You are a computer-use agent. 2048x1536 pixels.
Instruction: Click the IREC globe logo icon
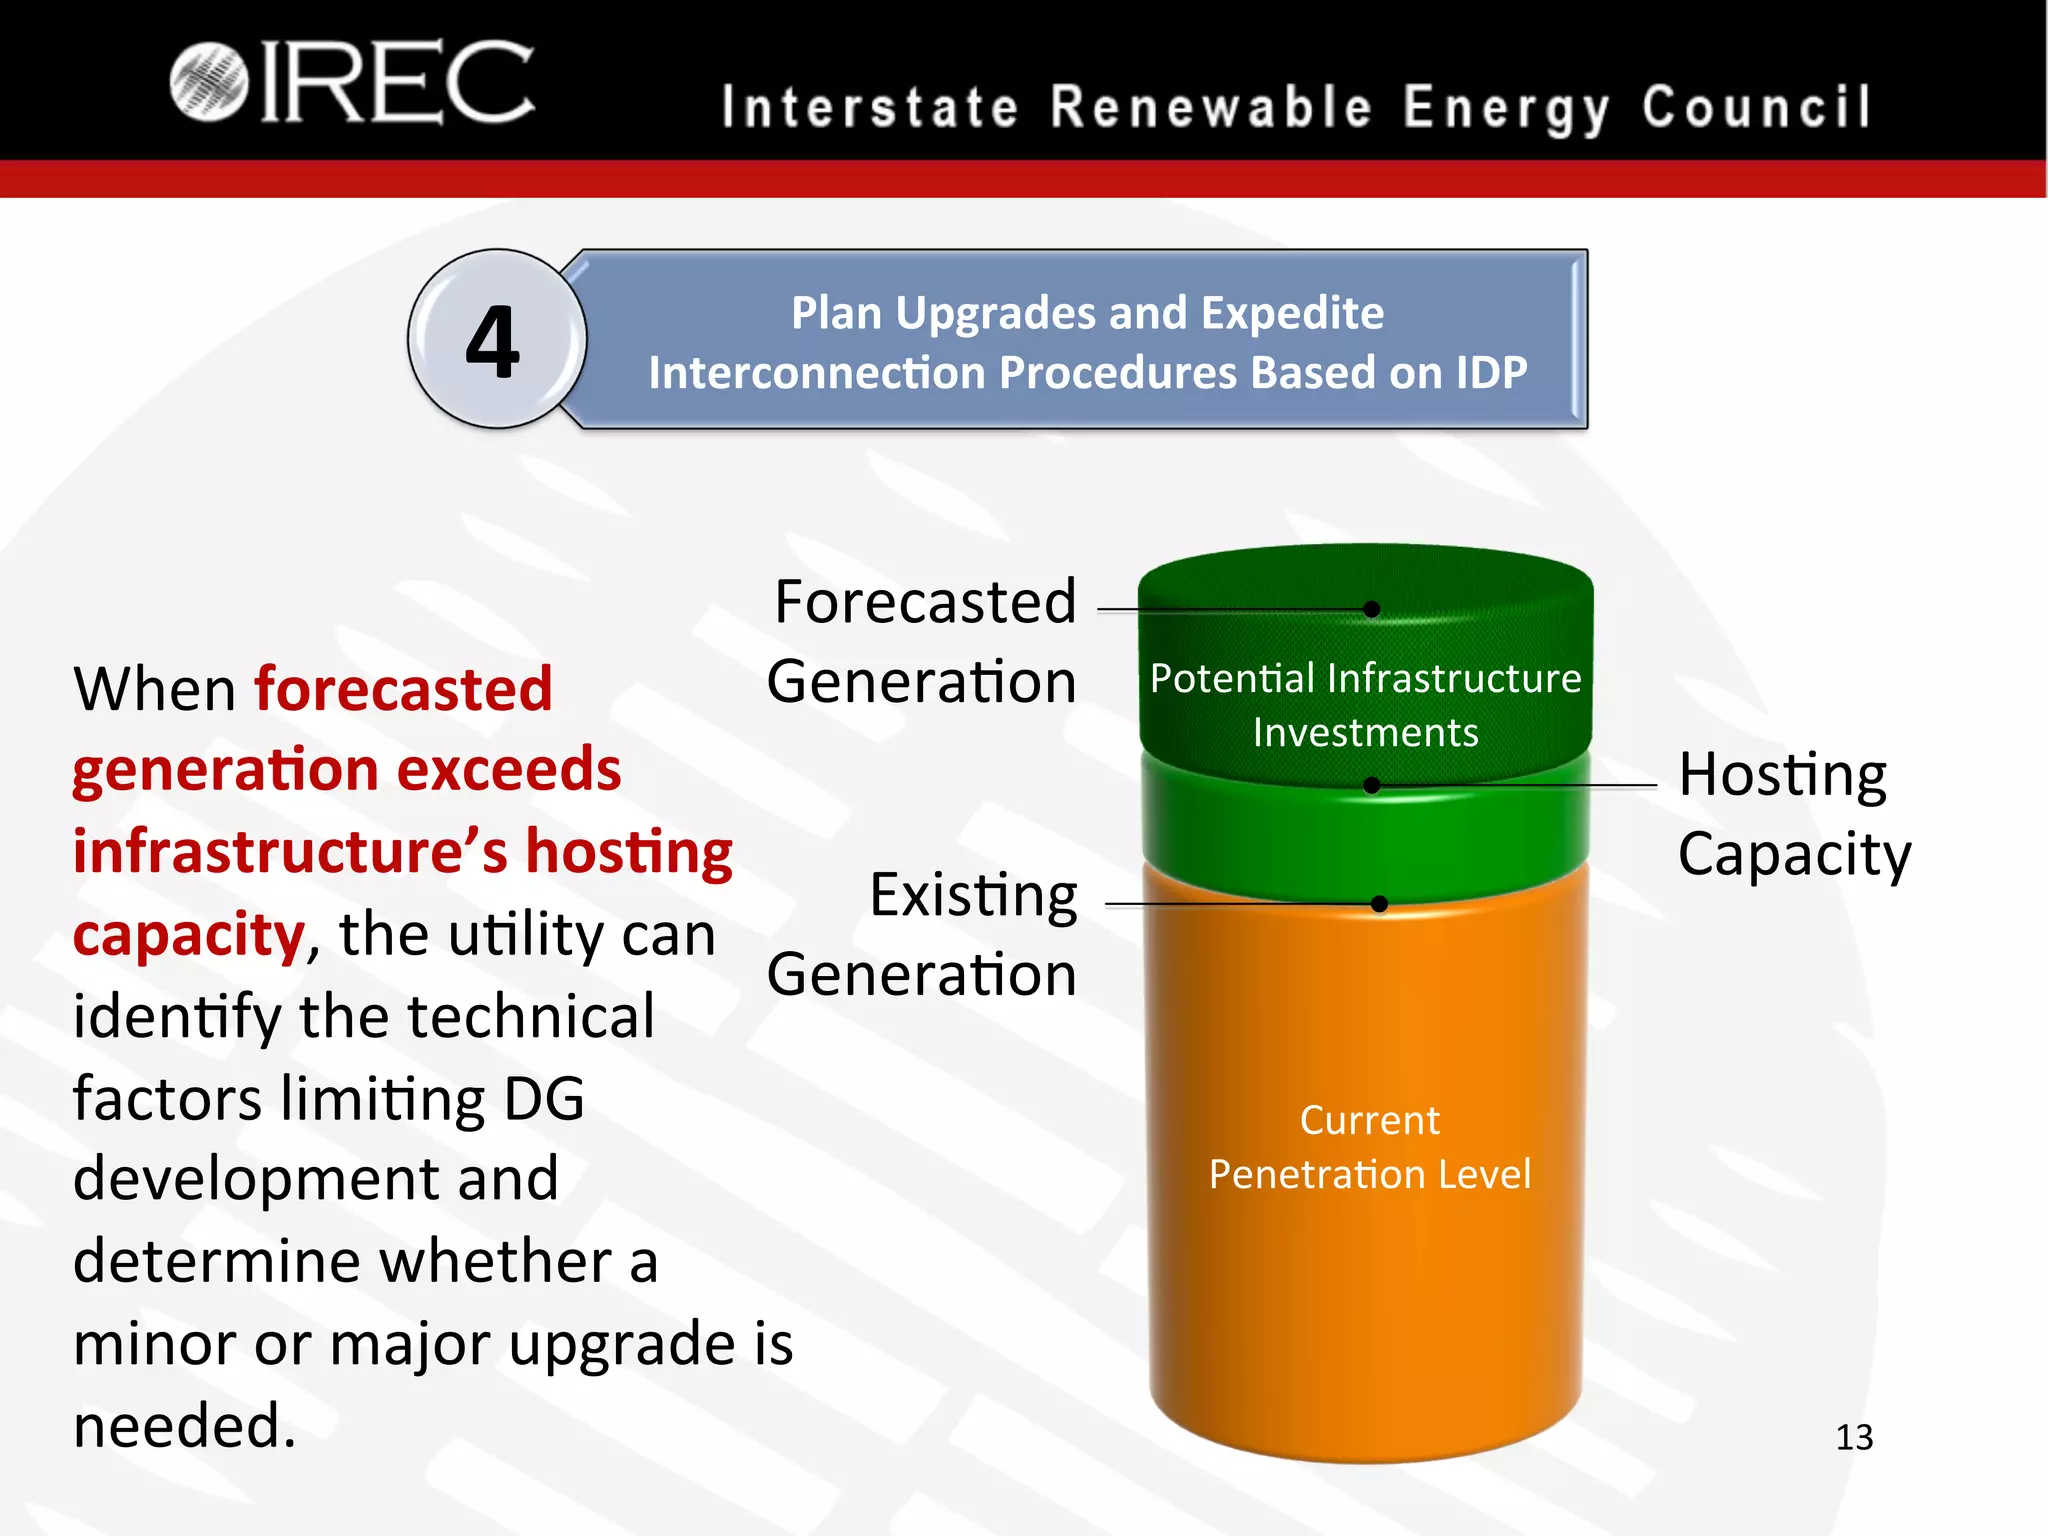click(208, 82)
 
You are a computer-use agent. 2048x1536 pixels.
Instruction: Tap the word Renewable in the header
click(1212, 108)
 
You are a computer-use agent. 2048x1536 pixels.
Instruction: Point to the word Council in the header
click(1756, 108)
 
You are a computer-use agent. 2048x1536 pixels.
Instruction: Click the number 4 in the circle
click(493, 342)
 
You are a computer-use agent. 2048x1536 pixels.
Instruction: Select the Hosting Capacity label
click(1793, 813)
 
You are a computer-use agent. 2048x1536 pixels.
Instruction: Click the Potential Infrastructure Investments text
click(1366, 705)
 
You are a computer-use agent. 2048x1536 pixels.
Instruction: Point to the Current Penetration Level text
click(1369, 1147)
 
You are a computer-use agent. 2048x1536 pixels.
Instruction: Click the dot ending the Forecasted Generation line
click(1372, 609)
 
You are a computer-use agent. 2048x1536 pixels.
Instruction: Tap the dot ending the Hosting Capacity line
click(1372, 786)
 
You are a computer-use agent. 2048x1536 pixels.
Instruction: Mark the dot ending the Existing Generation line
click(1380, 904)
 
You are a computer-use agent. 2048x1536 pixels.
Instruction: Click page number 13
click(1854, 1437)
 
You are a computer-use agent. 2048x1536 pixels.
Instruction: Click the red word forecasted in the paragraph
click(403, 689)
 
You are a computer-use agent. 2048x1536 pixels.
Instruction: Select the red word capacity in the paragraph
click(189, 934)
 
